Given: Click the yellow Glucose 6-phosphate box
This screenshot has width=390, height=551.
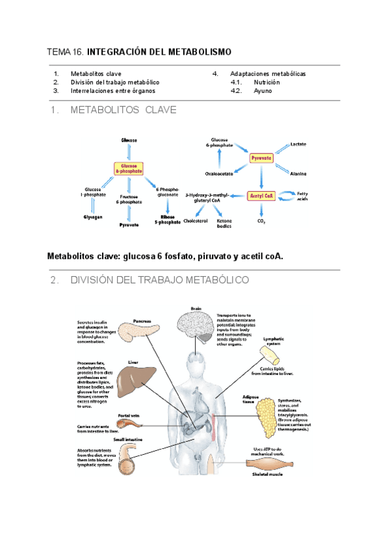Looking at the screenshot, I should click(x=128, y=168).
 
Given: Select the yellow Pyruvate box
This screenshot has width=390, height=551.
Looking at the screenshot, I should click(x=261, y=158).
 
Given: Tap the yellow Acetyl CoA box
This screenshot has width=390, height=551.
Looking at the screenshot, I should click(x=261, y=196).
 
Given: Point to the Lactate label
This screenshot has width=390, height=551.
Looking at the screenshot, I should click(x=298, y=144).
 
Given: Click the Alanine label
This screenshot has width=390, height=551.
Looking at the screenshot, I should click(x=298, y=173).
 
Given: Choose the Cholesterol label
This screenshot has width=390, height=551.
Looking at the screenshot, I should click(x=195, y=221).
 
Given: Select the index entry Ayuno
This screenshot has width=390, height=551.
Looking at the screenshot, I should click(x=263, y=91).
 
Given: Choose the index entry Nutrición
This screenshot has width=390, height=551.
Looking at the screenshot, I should click(x=266, y=83).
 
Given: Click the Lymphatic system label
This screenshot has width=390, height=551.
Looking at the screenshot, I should click(x=272, y=342).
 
